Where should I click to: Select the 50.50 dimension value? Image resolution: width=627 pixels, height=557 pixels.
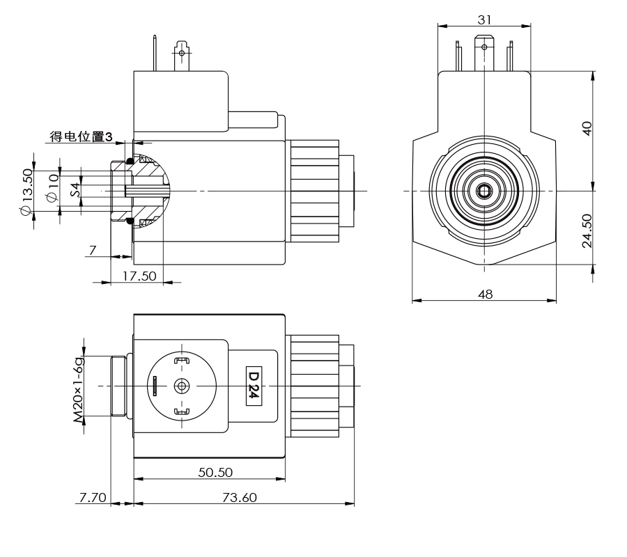(x=215, y=472)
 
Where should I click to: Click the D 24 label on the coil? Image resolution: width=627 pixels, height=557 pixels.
(x=254, y=385)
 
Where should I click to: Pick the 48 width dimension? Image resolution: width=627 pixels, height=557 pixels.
(x=485, y=294)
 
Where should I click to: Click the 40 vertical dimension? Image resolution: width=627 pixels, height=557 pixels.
(x=587, y=129)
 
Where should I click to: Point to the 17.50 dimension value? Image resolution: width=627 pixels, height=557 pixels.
(x=139, y=275)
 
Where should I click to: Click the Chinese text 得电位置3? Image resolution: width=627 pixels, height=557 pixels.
(x=81, y=136)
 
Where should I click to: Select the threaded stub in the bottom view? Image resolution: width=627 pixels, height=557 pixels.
(x=119, y=386)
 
